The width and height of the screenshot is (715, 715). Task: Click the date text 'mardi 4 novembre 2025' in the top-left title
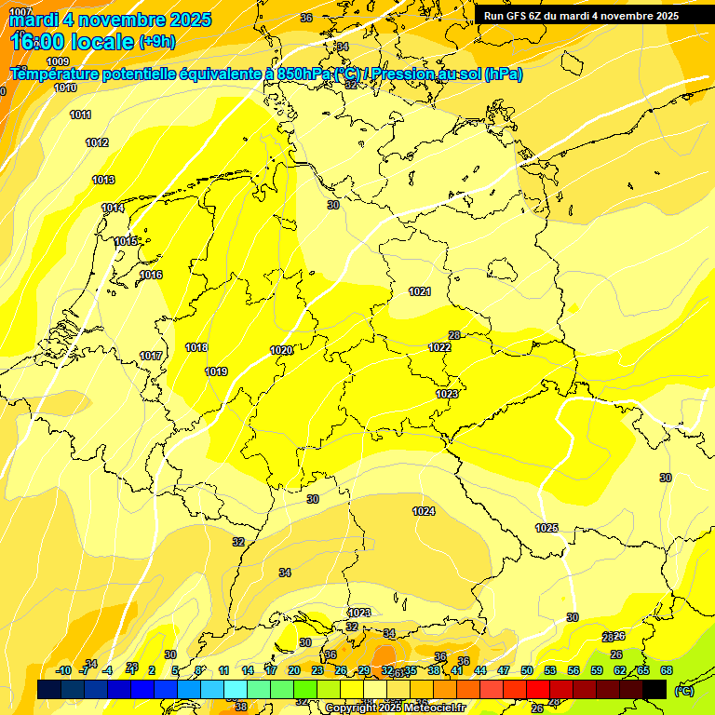click(111, 20)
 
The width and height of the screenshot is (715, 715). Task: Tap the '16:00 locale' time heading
click(74, 41)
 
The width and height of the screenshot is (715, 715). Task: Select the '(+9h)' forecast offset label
click(155, 41)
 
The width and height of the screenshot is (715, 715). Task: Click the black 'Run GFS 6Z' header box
click(581, 16)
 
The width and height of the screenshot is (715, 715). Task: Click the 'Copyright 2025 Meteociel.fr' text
click(394, 708)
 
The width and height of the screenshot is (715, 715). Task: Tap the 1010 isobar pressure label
click(65, 88)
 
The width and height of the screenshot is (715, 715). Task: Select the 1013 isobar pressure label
click(103, 180)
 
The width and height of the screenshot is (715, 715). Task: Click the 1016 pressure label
click(151, 275)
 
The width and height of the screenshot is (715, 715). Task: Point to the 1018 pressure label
click(196, 347)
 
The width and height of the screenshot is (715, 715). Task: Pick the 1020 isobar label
click(281, 350)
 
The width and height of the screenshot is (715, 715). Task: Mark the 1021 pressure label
click(420, 291)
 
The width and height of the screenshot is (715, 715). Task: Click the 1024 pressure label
click(424, 511)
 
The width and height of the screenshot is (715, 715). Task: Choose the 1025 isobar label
click(546, 528)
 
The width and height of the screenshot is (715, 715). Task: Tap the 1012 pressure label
click(97, 142)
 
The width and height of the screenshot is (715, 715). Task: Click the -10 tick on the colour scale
click(63, 670)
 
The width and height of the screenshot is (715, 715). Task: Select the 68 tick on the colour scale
click(666, 670)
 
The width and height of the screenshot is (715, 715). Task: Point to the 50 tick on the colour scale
click(527, 670)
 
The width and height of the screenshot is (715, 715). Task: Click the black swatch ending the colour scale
click(654, 689)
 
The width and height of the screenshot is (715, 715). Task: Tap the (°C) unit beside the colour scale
click(684, 690)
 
